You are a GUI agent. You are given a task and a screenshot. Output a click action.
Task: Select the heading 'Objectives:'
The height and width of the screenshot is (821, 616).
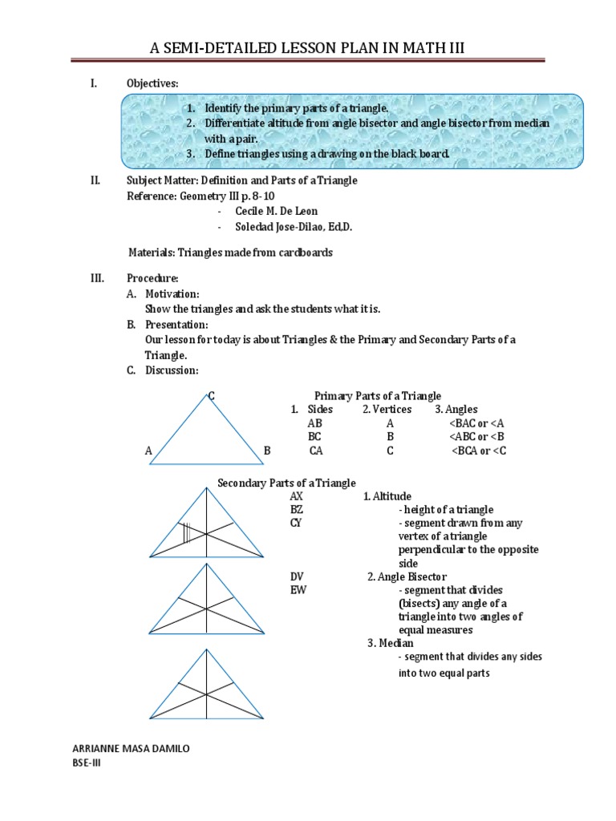click(153, 83)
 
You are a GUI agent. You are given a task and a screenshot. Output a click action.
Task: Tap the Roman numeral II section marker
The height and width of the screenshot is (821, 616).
click(95, 180)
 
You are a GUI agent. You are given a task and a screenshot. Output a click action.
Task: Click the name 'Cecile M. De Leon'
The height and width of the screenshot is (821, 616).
click(278, 212)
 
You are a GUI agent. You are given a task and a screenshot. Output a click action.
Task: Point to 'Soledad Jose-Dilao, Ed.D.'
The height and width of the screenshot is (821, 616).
click(294, 227)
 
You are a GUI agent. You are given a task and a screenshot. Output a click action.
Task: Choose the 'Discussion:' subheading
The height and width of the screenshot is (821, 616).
click(171, 370)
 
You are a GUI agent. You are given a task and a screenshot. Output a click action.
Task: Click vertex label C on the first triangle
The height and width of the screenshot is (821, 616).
click(211, 395)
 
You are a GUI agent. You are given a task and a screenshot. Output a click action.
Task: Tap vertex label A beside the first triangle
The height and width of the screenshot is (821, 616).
click(148, 451)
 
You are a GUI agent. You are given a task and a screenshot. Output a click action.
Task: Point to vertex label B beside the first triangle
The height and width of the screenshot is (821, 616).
click(267, 451)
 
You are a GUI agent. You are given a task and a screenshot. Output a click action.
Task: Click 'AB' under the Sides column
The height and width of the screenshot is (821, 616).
click(314, 423)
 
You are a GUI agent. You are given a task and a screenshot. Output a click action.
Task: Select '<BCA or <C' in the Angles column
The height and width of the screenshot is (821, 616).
click(479, 451)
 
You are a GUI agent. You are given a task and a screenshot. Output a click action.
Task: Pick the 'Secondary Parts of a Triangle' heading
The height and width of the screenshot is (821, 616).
click(287, 482)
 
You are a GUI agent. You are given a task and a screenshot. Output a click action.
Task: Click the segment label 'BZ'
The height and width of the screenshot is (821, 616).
click(297, 509)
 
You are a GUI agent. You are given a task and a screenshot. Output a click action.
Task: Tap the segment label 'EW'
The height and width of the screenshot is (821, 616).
click(298, 590)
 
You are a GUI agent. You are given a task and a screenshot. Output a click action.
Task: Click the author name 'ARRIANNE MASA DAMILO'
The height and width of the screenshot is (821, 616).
click(132, 748)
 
